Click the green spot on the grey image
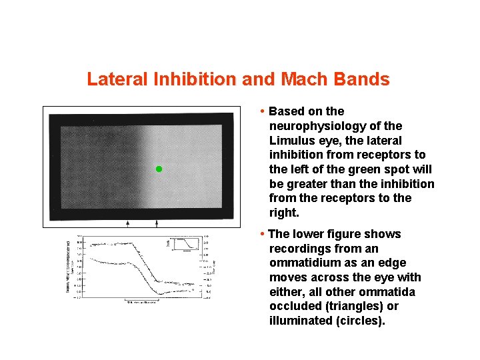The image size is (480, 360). click(x=159, y=169)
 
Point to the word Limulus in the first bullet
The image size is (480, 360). click(x=292, y=140)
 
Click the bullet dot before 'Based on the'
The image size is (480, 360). click(x=263, y=111)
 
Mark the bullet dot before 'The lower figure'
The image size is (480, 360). click(x=263, y=233)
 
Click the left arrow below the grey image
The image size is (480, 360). click(x=128, y=223)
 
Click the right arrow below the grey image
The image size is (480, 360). click(x=157, y=223)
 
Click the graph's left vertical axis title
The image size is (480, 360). click(x=69, y=267)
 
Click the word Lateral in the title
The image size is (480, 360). click(x=117, y=80)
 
